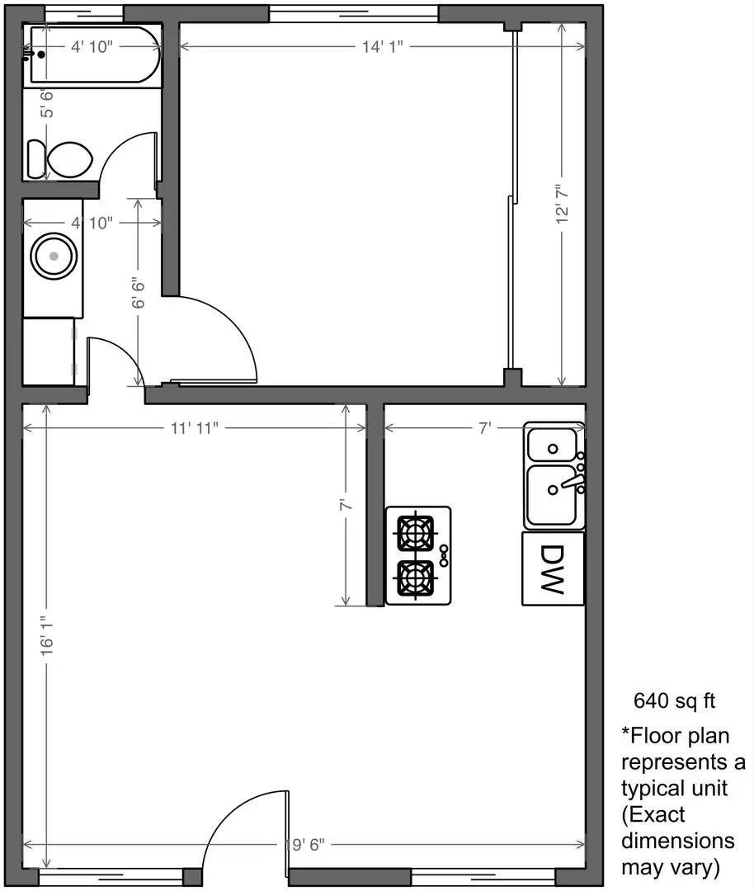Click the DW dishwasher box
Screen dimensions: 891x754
click(x=553, y=568)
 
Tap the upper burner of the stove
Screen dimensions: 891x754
click(x=415, y=532)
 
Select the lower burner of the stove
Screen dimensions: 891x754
click(x=415, y=578)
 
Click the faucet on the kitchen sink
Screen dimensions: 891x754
click(x=569, y=480)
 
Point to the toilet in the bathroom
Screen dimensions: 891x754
click(x=62, y=158)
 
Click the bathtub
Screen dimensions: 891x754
click(x=92, y=55)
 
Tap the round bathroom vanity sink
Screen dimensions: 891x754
click(x=54, y=256)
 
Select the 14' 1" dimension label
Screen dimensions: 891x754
click(x=381, y=48)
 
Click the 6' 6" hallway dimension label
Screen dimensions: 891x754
click(x=139, y=293)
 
